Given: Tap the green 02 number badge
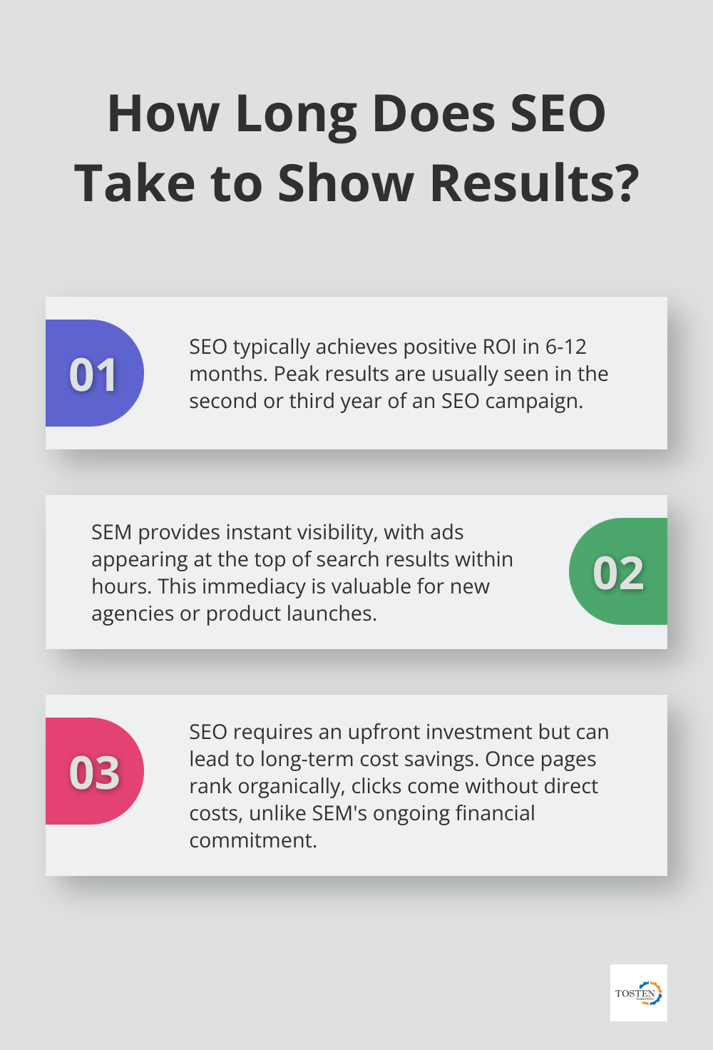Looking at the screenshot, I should [618, 572].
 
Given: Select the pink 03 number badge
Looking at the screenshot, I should [94, 772].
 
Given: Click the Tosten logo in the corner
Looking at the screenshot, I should [638, 993].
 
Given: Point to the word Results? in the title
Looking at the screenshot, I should [534, 183].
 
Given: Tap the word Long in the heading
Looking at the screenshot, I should [295, 114].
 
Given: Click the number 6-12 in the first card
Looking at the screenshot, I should [565, 347].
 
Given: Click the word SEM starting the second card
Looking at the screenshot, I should [112, 532].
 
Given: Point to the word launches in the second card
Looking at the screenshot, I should [331, 613].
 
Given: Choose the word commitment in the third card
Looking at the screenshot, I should [253, 840].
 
